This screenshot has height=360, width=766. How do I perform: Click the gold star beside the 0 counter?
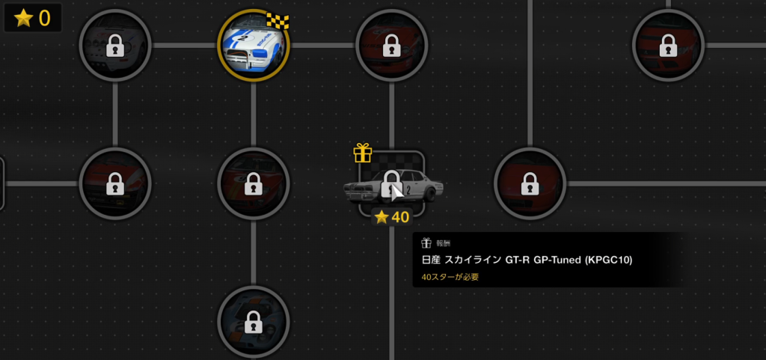pyautogui.click(x=23, y=19)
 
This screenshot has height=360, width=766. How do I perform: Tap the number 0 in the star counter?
pyautogui.click(x=45, y=19)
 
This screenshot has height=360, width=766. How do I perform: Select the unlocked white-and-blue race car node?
pyautogui.click(x=253, y=45)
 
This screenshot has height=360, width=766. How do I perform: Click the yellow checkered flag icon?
pyautogui.click(x=278, y=22)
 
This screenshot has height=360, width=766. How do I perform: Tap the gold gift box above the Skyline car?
pyautogui.click(x=363, y=153)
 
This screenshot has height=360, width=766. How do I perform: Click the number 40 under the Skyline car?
pyautogui.click(x=401, y=217)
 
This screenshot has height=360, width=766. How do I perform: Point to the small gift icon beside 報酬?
pyautogui.click(x=426, y=243)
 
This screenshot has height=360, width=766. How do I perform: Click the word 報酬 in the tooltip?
pyautogui.click(x=443, y=243)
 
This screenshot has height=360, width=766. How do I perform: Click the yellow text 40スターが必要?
pyautogui.click(x=450, y=277)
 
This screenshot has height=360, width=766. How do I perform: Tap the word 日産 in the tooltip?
pyautogui.click(x=430, y=260)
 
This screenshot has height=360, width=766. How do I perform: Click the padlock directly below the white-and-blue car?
pyautogui.click(x=253, y=182)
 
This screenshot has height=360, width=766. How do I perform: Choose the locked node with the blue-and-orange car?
pyautogui.click(x=253, y=322)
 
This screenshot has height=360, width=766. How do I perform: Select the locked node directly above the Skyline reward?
pyautogui.click(x=391, y=45)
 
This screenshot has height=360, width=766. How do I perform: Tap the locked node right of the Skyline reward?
pyautogui.click(x=530, y=183)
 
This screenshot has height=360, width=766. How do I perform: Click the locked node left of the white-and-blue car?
pyautogui.click(x=114, y=46)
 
